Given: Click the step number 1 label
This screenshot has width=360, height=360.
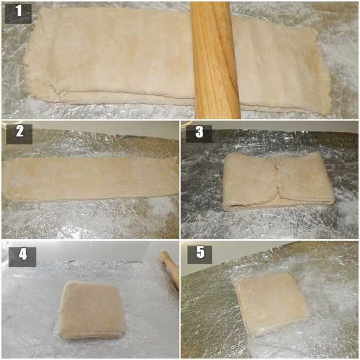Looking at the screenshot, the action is coord(18,13).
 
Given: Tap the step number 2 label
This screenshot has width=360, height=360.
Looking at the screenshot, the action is coord(19,134).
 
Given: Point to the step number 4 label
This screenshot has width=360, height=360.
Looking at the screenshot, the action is coord(23,257).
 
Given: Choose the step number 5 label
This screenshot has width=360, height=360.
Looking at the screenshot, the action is coord(200,255).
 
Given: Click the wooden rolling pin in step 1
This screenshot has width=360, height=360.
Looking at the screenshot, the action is coord(215,60).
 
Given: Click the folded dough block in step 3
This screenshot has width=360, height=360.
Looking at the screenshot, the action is coord(279,182).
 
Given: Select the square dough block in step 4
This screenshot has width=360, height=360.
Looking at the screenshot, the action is coord(92,310).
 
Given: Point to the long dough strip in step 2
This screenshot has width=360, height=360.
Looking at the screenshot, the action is coord(91,179).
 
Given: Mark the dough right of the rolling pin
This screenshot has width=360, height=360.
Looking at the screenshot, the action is coord(283,67).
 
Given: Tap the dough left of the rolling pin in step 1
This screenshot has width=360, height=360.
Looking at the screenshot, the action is coord(110,57).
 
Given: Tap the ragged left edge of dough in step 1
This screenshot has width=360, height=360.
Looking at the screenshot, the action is coord(28,57).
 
